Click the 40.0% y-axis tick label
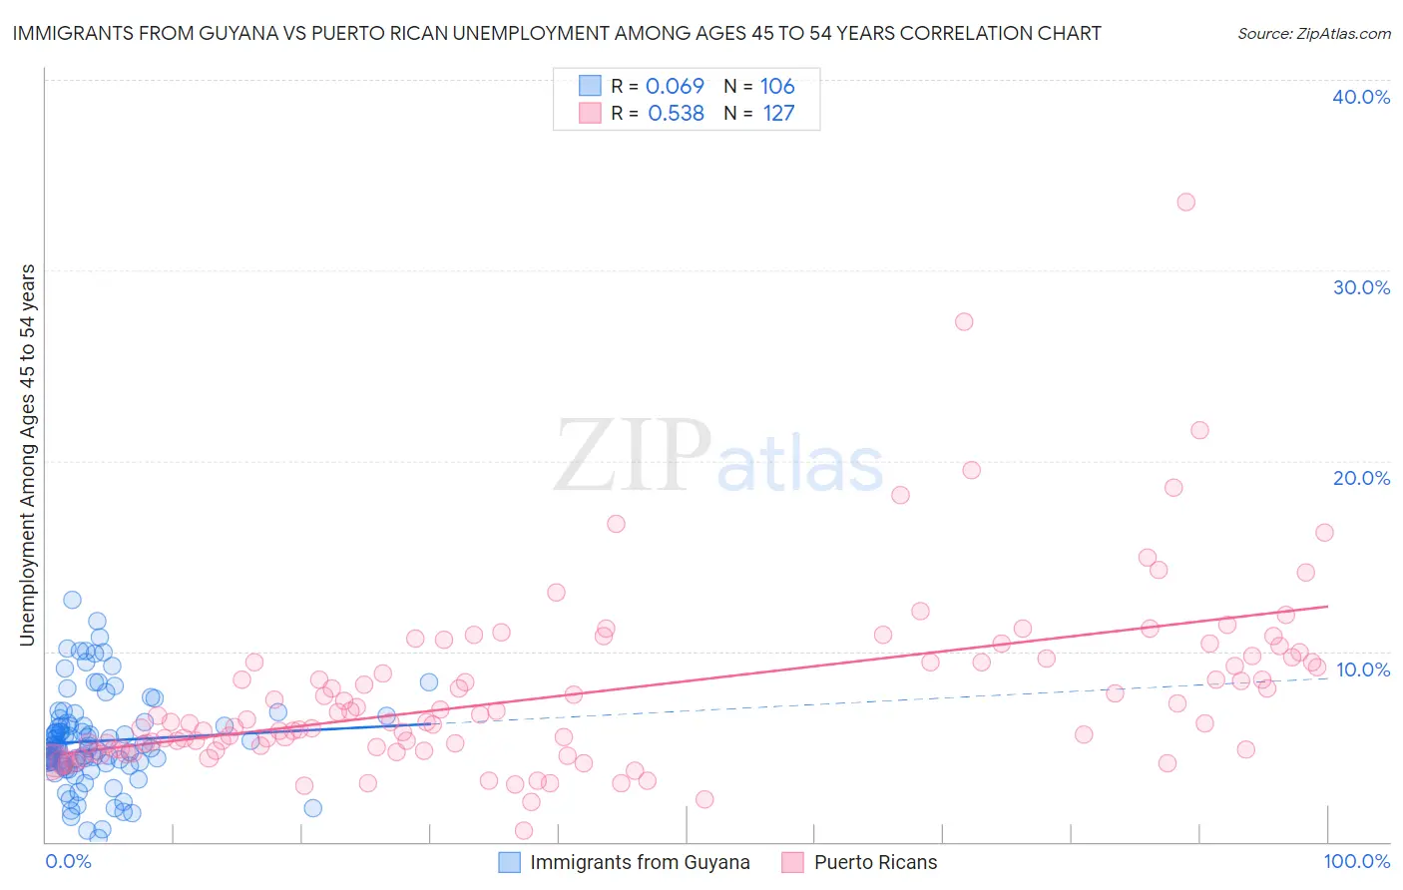[x=1361, y=97]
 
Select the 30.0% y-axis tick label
[x=1361, y=287]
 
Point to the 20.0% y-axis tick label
[x=1361, y=478]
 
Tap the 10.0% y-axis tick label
[x=1362, y=669]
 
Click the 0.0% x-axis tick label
[x=68, y=861]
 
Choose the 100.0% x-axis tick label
[x=1356, y=861]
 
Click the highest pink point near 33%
[x=1185, y=202]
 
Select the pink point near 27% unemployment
[x=964, y=321]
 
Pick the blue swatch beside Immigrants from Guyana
[x=509, y=863]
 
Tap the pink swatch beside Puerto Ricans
[x=793, y=863]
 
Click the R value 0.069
[x=675, y=86]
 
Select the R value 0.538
[x=676, y=113]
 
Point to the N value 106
[x=777, y=86]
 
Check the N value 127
[x=778, y=113]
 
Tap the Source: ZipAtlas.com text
[x=1313, y=33]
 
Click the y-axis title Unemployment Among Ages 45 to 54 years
[x=28, y=455]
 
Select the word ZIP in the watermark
[x=631, y=457]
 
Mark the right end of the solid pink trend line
[x=1328, y=606]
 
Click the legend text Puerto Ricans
[x=875, y=863]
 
